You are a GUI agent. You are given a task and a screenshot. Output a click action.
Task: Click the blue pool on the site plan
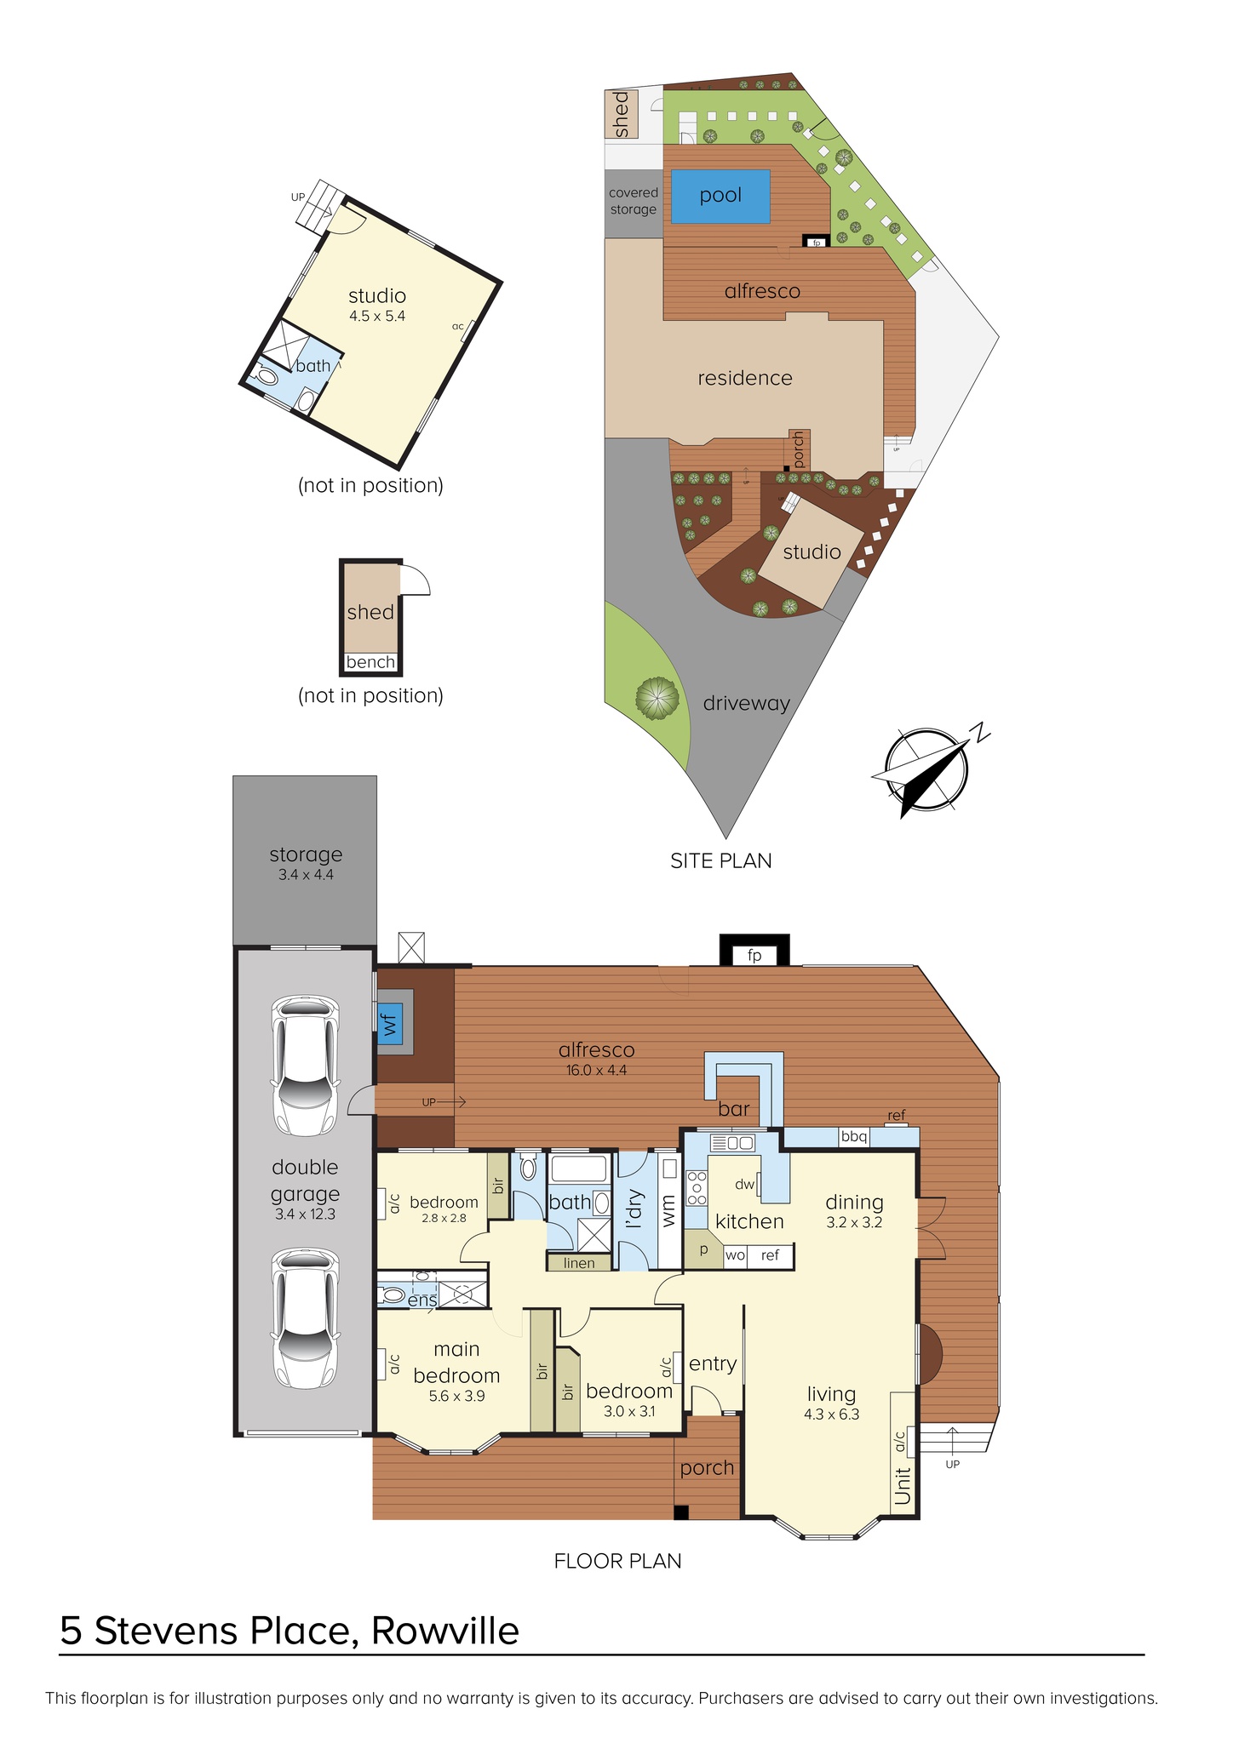coord(721,197)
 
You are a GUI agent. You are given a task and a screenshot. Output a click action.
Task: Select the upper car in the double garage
coord(305,1065)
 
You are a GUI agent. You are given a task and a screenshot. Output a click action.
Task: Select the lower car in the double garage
coord(305,1318)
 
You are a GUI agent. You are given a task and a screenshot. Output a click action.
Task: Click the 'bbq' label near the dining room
coord(853,1136)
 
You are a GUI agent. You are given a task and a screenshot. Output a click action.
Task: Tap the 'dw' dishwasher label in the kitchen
coord(744,1183)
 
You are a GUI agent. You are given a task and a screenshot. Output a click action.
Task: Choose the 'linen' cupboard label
coord(579,1263)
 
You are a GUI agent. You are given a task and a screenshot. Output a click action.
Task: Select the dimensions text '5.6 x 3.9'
coord(457,1396)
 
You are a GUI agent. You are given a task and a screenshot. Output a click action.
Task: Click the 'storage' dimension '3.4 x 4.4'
coord(306,874)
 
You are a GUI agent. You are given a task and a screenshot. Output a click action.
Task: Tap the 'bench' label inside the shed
coord(370,661)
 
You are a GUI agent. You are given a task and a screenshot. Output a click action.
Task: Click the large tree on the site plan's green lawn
coord(657,699)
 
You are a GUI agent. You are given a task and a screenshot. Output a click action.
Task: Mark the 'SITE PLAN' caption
coord(721,860)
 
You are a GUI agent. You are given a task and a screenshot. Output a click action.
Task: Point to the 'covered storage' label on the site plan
coord(634,201)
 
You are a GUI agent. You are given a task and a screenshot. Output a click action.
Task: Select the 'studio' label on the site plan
coord(811,552)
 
